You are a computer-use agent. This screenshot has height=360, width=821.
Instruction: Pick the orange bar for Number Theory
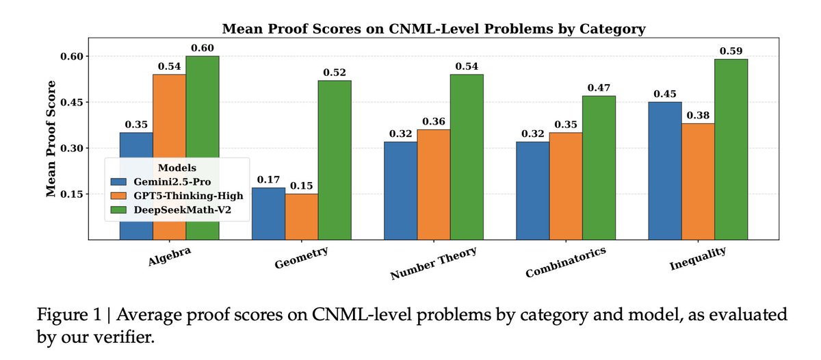tap(434, 184)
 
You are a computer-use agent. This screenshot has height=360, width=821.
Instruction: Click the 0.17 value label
tap(268, 180)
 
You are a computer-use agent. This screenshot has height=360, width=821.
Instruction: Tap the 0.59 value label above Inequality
tap(731, 51)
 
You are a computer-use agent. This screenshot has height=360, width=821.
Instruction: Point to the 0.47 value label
tap(599, 88)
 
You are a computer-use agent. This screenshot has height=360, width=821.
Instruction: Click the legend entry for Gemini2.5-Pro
tap(158, 181)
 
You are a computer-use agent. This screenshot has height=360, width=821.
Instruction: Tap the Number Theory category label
tap(433, 263)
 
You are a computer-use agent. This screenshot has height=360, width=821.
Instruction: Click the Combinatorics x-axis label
tap(565, 263)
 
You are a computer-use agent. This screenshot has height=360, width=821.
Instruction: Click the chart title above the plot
tap(433, 29)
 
